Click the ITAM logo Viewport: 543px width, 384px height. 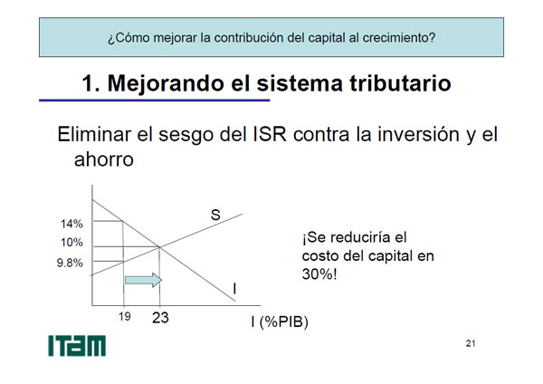77,346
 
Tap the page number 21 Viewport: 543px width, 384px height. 471,343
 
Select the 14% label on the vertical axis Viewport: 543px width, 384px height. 71,224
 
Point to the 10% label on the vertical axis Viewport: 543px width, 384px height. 71,242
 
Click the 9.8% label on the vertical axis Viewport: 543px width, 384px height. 70,263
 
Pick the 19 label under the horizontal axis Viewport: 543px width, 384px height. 125,316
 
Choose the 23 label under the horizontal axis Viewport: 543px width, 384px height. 160,318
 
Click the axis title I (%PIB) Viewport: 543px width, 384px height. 280,322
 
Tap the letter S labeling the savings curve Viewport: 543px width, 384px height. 215,215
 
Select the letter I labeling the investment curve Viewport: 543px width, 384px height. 234,288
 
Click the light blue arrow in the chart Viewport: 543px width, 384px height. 143,280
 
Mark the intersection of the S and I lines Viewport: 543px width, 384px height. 159,246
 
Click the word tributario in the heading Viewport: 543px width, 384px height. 400,83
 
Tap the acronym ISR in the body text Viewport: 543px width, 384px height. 270,134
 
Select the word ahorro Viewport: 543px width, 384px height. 104,159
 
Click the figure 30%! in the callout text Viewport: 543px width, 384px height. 319,274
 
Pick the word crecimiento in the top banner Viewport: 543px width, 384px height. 399,37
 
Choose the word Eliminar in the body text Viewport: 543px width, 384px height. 94,134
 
